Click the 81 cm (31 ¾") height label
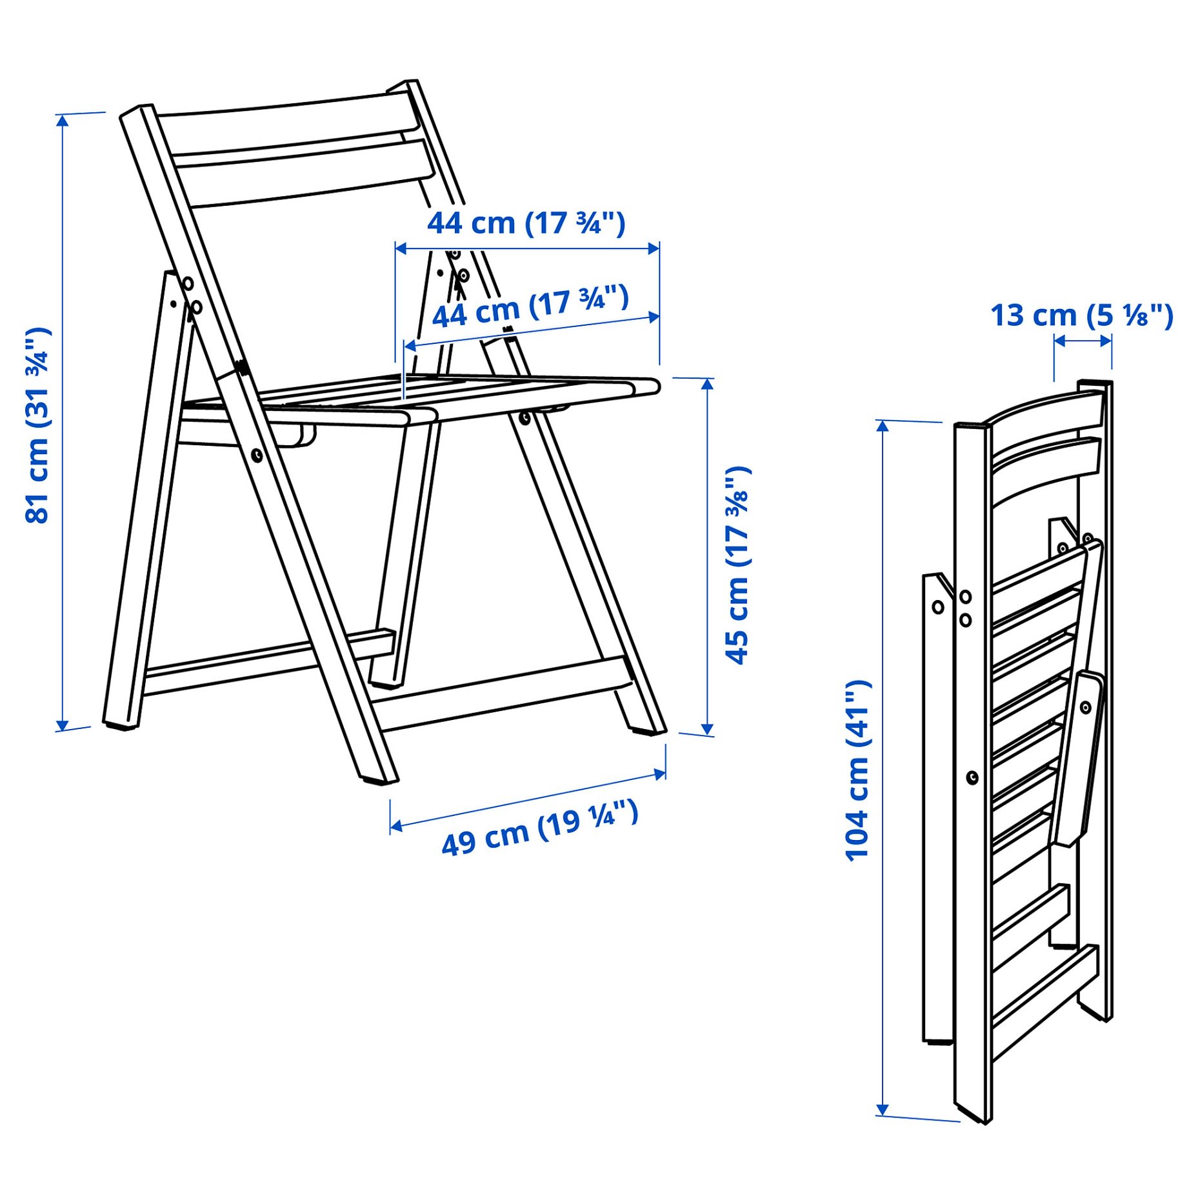tap(37, 426)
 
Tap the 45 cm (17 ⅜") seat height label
tap(737, 565)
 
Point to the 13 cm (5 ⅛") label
tap(1081, 315)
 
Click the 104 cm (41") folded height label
tap(858, 771)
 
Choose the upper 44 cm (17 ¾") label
tap(526, 223)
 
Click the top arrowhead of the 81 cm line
tap(62, 119)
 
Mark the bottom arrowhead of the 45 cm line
tap(707, 730)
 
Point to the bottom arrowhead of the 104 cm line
tap(883, 1110)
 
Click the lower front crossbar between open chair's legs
tap(503, 694)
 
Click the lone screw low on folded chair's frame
tap(972, 778)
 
